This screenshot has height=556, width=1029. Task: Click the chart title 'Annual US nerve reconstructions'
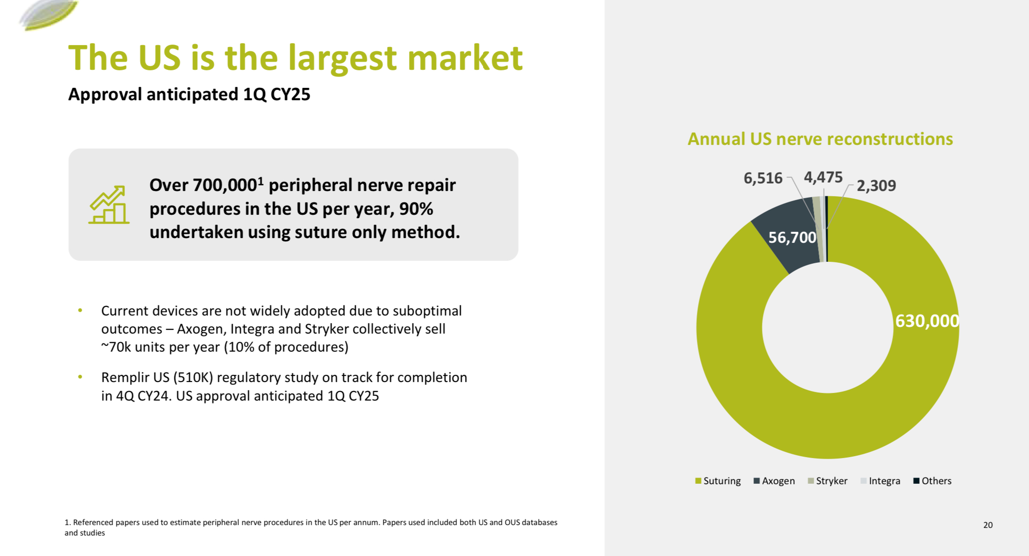[x=820, y=139]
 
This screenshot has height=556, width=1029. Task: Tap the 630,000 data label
[x=926, y=321]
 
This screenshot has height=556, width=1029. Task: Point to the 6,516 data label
[x=762, y=178]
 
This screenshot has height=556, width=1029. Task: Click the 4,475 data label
[x=823, y=177]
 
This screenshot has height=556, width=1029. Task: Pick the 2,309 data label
[x=876, y=186]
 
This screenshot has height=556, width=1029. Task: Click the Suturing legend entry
[x=718, y=481]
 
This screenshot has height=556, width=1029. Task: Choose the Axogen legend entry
[x=774, y=481]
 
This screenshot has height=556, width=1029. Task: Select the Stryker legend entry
[x=828, y=481]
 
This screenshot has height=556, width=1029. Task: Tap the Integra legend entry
[x=880, y=481]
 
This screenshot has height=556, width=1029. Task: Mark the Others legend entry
[x=932, y=481]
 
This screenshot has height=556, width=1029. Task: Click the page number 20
[x=988, y=525]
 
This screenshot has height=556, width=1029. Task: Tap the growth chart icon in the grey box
[x=109, y=205]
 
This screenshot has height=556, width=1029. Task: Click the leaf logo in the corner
[x=48, y=14]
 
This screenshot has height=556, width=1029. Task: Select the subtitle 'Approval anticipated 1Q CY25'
[x=189, y=95]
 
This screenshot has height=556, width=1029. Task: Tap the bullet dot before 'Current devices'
[x=80, y=311]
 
